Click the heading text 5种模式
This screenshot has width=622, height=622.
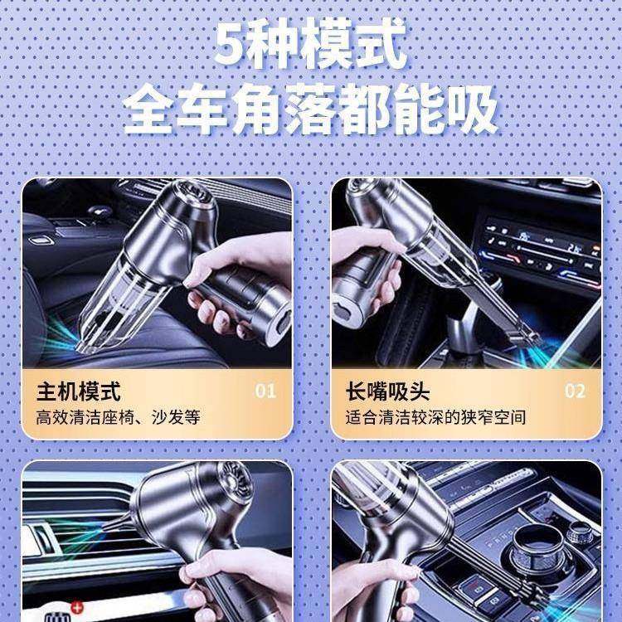[311, 46]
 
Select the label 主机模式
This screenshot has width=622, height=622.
[78, 391]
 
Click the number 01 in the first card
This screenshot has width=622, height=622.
[265, 391]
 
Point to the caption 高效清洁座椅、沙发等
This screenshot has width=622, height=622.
[117, 417]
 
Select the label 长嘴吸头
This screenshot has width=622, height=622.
[387, 391]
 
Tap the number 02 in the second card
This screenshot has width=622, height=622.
[575, 391]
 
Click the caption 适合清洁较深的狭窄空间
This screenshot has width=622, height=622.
[435, 417]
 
